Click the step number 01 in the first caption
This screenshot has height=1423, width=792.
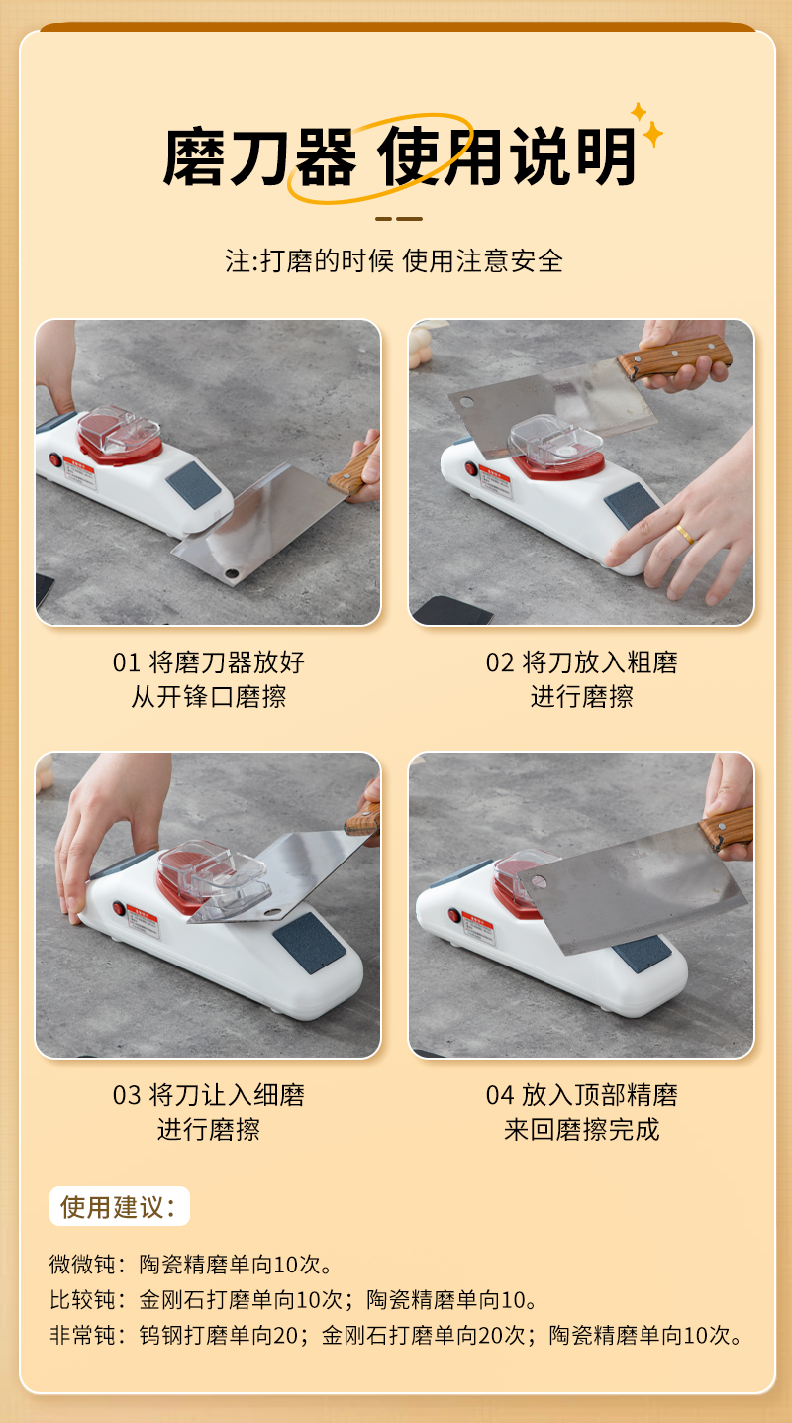point(126,662)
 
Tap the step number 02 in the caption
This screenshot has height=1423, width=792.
point(499,662)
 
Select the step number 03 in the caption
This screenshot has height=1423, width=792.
point(126,1095)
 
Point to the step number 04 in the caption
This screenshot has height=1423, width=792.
point(499,1095)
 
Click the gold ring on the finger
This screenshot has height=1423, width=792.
point(685,534)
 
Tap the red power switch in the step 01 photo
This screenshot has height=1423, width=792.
point(55,459)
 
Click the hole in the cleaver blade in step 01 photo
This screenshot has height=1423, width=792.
point(232,573)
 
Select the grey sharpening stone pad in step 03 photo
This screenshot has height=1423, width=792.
point(309,943)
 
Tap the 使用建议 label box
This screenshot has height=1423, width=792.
point(120,1206)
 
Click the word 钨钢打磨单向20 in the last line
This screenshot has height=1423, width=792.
point(219,1335)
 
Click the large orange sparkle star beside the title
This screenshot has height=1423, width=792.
point(653,134)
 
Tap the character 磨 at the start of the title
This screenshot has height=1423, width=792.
point(194,156)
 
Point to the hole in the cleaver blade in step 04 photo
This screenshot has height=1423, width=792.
point(539,881)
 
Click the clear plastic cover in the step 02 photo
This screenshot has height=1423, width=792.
point(555,441)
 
